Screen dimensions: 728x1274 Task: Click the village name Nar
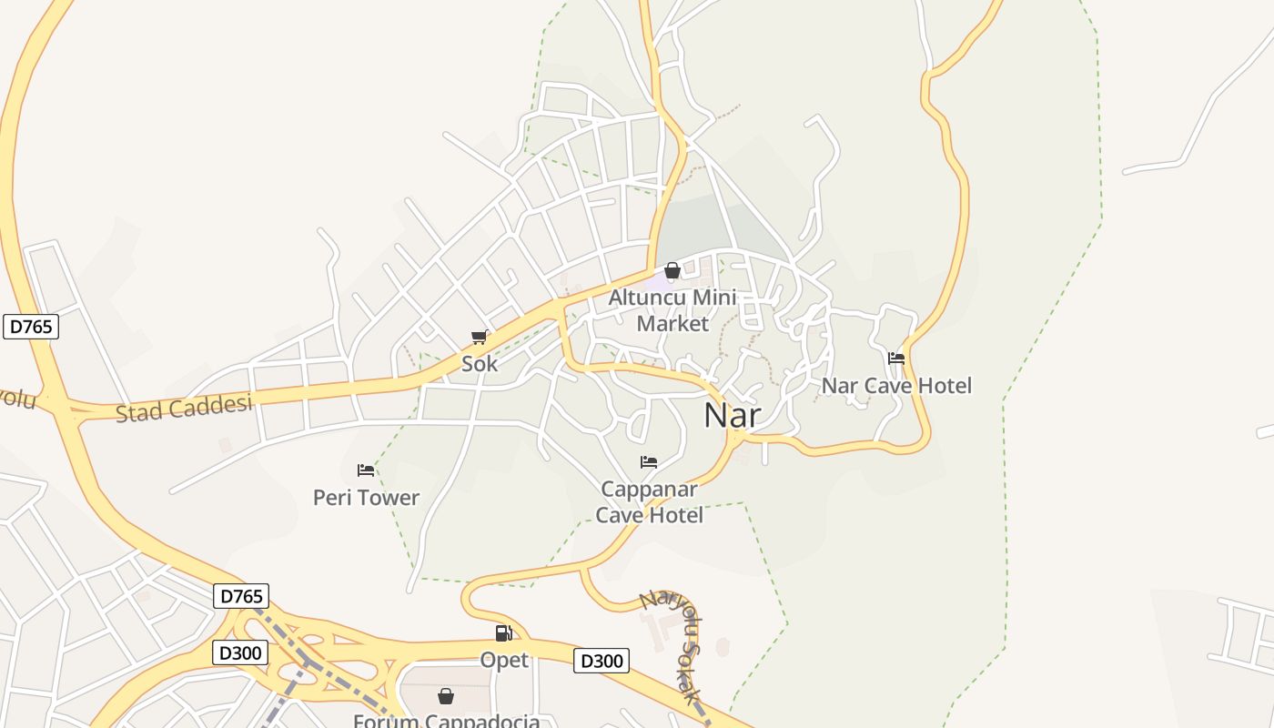click(733, 415)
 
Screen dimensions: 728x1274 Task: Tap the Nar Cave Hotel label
click(896, 386)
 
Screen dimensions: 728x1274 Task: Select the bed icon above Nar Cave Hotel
click(896, 359)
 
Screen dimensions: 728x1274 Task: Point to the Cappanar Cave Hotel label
click(649, 502)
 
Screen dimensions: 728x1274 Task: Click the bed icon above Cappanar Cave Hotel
click(649, 462)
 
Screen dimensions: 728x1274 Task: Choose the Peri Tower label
click(366, 498)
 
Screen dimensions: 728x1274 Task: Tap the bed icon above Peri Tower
click(366, 470)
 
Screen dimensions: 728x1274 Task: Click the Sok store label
click(480, 364)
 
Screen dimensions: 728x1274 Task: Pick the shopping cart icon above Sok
click(480, 338)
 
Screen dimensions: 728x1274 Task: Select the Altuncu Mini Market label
click(672, 310)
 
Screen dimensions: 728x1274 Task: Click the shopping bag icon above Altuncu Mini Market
click(672, 270)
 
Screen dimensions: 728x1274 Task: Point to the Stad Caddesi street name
click(184, 407)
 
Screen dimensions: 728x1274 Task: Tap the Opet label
click(504, 660)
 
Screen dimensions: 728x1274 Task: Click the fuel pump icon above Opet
click(503, 633)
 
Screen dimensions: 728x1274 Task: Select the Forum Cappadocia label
click(446, 721)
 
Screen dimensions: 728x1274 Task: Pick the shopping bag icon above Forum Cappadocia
click(446, 696)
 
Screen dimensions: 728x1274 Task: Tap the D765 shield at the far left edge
click(31, 327)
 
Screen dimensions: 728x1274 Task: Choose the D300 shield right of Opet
click(601, 661)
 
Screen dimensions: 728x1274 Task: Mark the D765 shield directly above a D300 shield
click(241, 597)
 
